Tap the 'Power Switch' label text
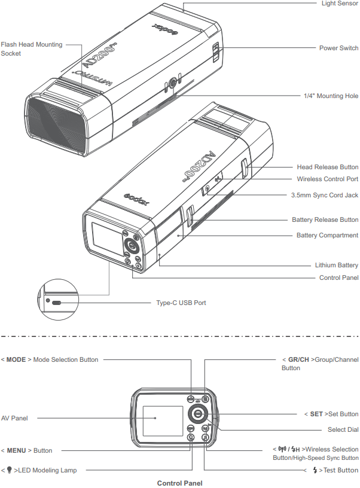(338, 48)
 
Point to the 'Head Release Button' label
(328, 167)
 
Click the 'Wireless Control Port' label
(328, 179)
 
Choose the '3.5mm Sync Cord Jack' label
(325, 196)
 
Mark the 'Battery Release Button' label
(325, 220)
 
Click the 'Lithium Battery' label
(337, 265)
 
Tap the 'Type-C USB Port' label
(181, 303)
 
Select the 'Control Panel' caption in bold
(179, 483)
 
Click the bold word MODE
(16, 359)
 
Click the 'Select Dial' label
(343, 429)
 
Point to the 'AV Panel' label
(14, 418)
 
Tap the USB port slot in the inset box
(57, 303)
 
